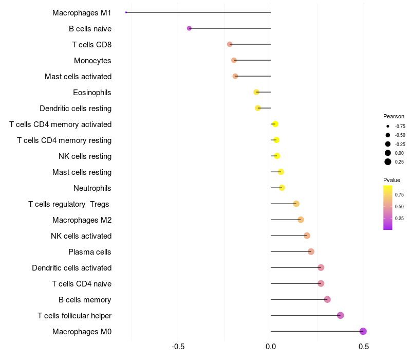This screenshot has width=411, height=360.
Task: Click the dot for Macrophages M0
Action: pyautogui.click(x=363, y=331)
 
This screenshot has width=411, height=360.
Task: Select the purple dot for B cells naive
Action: pyautogui.click(x=189, y=28)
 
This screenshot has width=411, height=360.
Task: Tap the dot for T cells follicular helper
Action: pyautogui.click(x=340, y=315)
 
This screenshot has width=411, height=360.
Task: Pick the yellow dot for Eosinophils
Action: pyautogui.click(x=256, y=92)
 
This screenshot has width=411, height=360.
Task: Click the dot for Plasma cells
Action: pyautogui.click(x=311, y=251)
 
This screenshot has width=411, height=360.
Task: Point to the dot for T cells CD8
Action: pyautogui.click(x=230, y=44)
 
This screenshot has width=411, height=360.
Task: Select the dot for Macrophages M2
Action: pyautogui.click(x=301, y=220)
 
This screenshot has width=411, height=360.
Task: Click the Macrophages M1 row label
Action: pyautogui.click(x=82, y=12)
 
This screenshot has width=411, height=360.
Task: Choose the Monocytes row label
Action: pyautogui.click(x=92, y=60)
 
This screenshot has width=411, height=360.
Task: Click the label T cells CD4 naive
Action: pyautogui.click(x=82, y=283)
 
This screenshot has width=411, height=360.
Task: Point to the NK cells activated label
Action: pyautogui.click(x=81, y=236)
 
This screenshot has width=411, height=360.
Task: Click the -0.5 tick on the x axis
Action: pyautogui.click(x=178, y=347)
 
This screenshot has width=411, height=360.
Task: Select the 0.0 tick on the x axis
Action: pyautogui.click(x=271, y=347)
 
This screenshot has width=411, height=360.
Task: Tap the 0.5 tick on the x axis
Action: pyautogui.click(x=364, y=347)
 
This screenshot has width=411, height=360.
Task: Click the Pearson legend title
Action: pyautogui.click(x=394, y=116)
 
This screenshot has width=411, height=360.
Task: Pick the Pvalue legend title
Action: pyautogui.click(x=391, y=180)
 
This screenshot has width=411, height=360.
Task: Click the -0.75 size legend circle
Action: pyautogui.click(x=388, y=126)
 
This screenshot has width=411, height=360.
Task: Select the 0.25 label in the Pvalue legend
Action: pyautogui.click(x=399, y=218)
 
